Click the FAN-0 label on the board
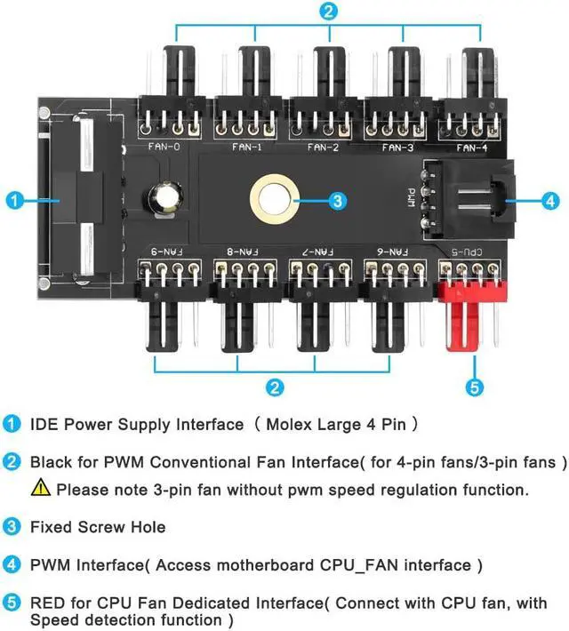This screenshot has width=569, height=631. coord(164,147)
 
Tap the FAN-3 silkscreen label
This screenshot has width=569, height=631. coord(398,148)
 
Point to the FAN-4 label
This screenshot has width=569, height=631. coord(472,148)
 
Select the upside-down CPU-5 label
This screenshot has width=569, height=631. coord(467,252)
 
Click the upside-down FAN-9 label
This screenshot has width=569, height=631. coord(167,252)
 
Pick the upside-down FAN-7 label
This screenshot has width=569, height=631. coord(318,252)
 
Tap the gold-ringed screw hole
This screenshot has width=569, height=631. coord(275,199)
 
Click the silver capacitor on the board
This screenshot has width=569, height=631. coord(165,198)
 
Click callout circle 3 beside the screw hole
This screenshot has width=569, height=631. coord(338,201)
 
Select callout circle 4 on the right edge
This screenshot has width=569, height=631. coord(550,200)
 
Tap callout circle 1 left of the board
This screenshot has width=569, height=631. coord(15,200)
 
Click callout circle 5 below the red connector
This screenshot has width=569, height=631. coord(475,387)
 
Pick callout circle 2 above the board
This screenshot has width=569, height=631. coord(329,11)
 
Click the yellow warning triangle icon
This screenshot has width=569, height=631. coord(41,487)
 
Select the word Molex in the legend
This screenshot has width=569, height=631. coord(289,424)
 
